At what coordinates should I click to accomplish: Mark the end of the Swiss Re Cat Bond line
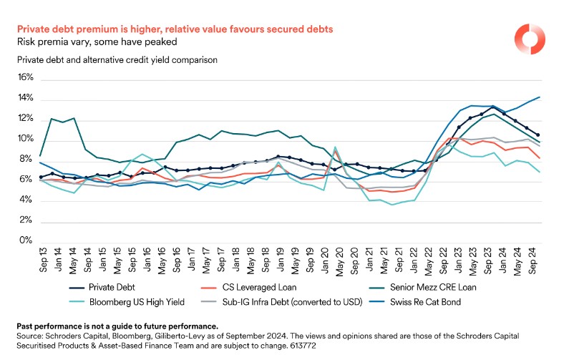[x=539, y=97]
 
